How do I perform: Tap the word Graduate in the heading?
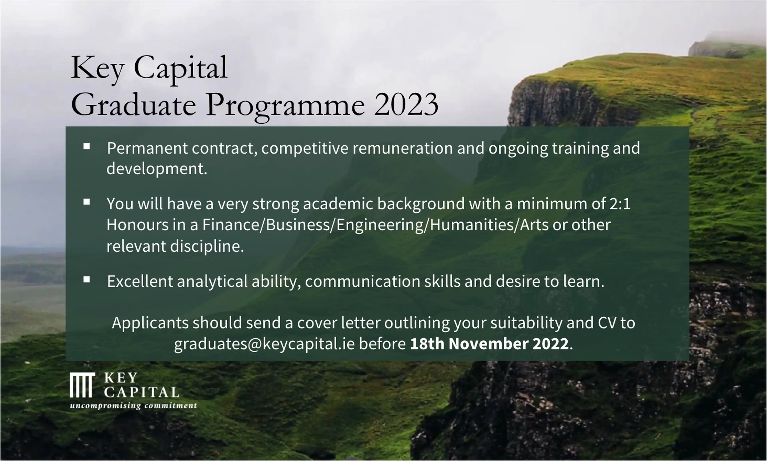tap(134, 105)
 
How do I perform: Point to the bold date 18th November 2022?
tap(489, 344)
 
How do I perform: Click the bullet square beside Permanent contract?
tap(87, 146)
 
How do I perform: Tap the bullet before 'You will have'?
tap(87, 202)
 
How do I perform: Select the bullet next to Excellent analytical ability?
tap(87, 280)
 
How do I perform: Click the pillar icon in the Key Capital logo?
tap(82, 385)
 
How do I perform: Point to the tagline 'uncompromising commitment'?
tap(133, 406)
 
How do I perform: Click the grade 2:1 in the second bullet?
tap(620, 204)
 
